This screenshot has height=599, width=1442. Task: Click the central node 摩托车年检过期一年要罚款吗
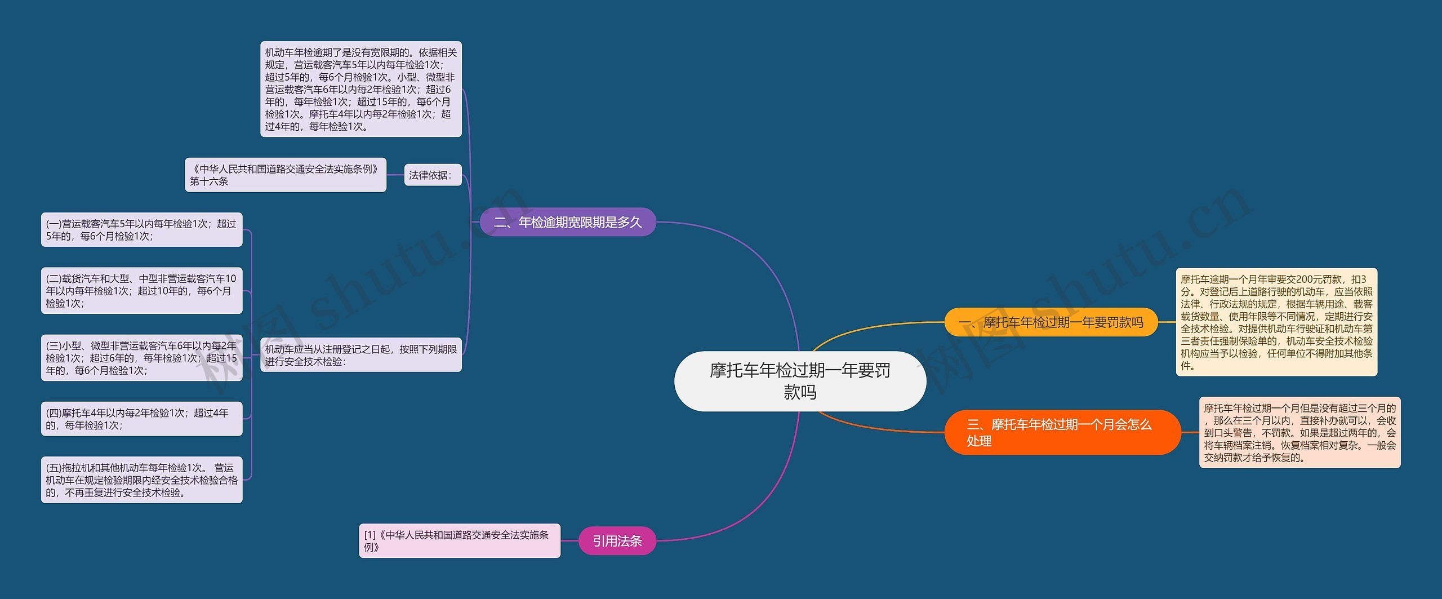coord(800,381)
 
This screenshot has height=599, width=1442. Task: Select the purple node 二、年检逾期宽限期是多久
coord(568,222)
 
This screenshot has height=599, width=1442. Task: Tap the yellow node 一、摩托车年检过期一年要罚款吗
coord(1051,322)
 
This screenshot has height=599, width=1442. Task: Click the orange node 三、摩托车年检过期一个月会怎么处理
coord(1062,432)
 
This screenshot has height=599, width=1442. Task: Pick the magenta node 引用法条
coord(617,541)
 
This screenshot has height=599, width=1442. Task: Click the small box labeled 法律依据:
coord(432,175)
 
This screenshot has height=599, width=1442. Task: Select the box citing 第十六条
coord(286,175)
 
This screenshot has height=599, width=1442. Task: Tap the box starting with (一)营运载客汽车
coord(141,230)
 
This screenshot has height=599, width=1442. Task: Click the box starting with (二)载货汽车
coord(141,291)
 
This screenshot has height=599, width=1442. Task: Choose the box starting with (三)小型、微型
coord(141,358)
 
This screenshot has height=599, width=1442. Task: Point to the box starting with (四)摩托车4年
coord(141,419)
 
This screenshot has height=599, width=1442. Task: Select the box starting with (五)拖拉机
coord(141,480)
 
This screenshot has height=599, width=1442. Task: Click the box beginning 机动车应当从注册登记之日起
coord(360,355)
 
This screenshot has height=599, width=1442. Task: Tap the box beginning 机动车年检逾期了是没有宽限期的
coord(360,89)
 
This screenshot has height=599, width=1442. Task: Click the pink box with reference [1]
coord(460,541)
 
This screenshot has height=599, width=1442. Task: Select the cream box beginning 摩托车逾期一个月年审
coord(1276,322)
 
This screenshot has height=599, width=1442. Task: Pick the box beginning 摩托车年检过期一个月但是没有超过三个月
coord(1299,432)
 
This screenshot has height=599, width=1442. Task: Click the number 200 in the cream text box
coord(1304,279)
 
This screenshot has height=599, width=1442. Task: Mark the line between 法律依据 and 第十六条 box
coord(395,175)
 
